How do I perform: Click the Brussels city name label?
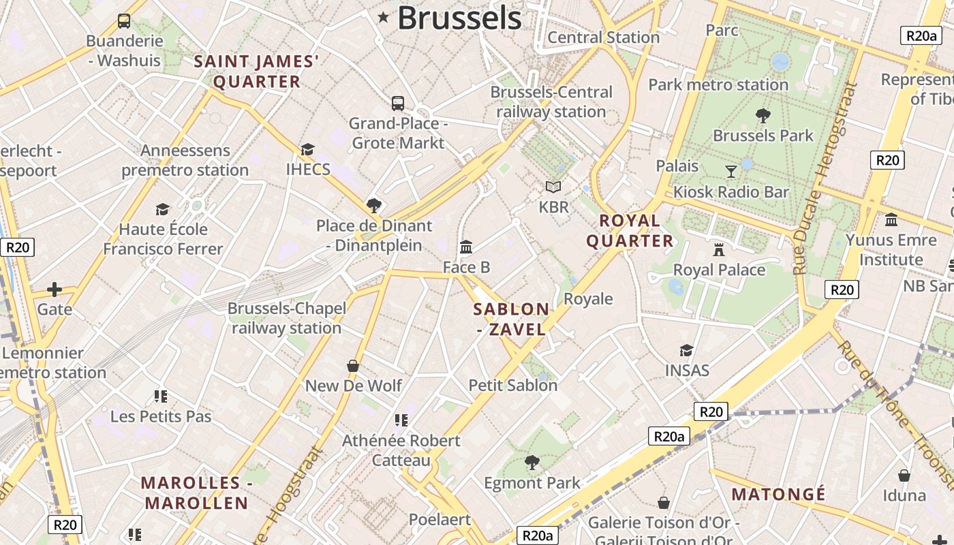click(459, 18)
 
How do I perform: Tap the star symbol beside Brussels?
click(384, 18)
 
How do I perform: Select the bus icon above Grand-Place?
click(398, 104)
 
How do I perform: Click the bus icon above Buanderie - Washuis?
click(124, 21)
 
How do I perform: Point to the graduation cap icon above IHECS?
click(308, 149)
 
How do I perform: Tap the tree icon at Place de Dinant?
click(373, 205)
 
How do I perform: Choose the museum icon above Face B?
click(466, 247)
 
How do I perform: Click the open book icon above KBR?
click(553, 187)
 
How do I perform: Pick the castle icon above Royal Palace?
click(719, 249)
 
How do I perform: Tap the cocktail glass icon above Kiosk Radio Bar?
click(731, 171)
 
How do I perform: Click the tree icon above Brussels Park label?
click(763, 115)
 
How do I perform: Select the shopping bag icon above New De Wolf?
click(353, 366)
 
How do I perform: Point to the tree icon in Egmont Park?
click(532, 463)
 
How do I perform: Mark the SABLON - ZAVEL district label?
click(511, 319)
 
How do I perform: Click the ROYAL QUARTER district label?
click(630, 230)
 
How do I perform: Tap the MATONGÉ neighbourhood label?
click(778, 494)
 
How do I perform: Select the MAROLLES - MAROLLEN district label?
click(195, 493)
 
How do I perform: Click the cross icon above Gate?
click(55, 290)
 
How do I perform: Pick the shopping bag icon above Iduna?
click(904, 475)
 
